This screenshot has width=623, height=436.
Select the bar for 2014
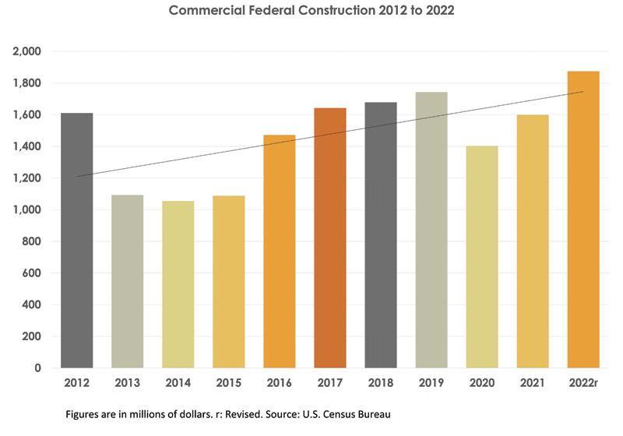point(178,284)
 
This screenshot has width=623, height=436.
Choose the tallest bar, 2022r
point(583,219)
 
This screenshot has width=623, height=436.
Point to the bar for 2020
point(482,257)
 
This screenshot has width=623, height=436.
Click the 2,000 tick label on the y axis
point(27,51)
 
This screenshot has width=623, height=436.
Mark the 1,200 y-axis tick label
point(27,178)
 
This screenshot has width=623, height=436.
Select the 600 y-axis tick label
point(32,273)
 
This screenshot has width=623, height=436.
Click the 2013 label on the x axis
point(128,384)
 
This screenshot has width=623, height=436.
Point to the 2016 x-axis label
point(280,384)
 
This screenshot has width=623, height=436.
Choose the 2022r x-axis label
point(583,384)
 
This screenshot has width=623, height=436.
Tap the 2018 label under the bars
point(381,384)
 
